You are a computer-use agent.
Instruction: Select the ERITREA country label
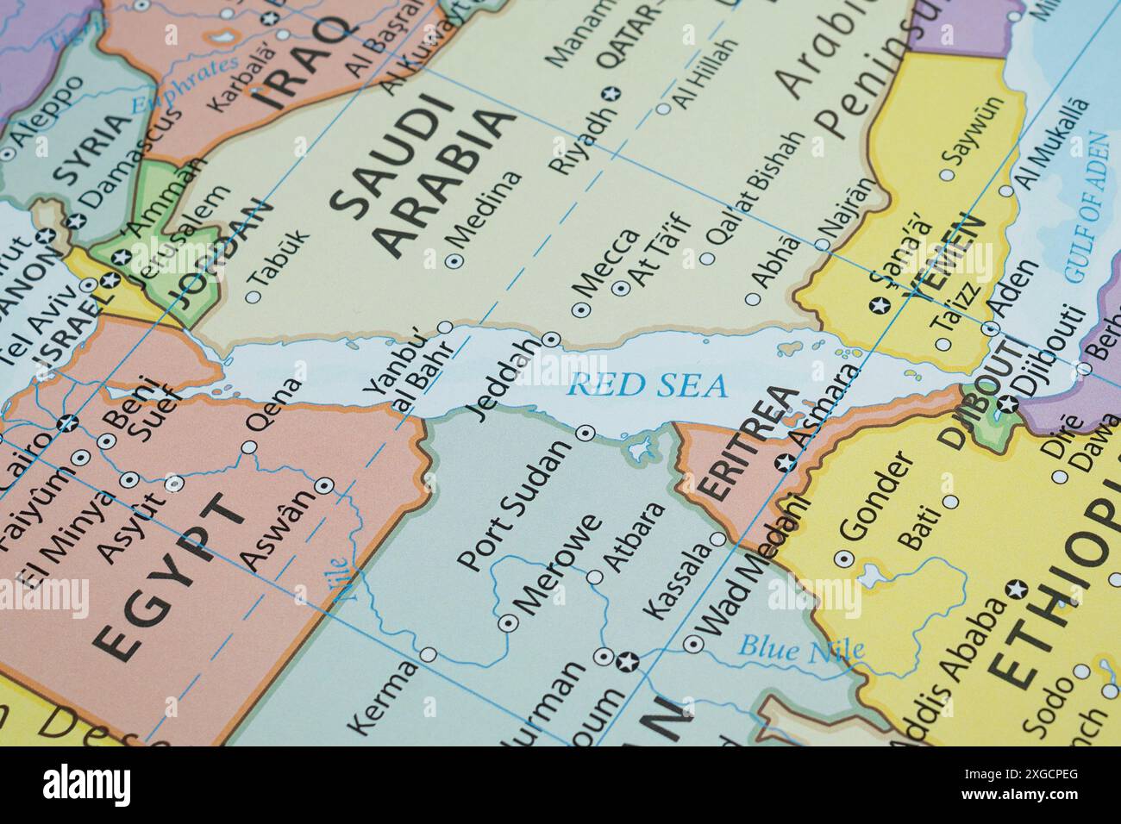coord(748,444)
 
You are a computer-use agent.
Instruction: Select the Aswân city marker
coord(323,485)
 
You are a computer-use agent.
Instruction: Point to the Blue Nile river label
coord(802,647)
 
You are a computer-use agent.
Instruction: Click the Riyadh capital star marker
coord(612,93)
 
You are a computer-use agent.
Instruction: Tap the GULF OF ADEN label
coord(1086,207)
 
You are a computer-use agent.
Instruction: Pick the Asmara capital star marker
coord(786,463)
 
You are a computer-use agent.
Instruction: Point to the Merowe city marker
coord(507,622)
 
